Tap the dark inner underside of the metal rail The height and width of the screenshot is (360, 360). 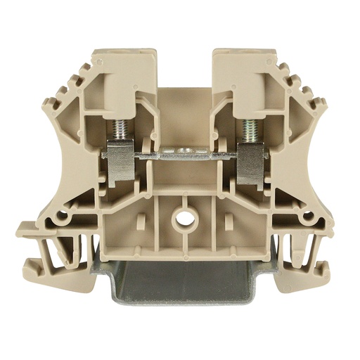(x=184, y=271)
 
